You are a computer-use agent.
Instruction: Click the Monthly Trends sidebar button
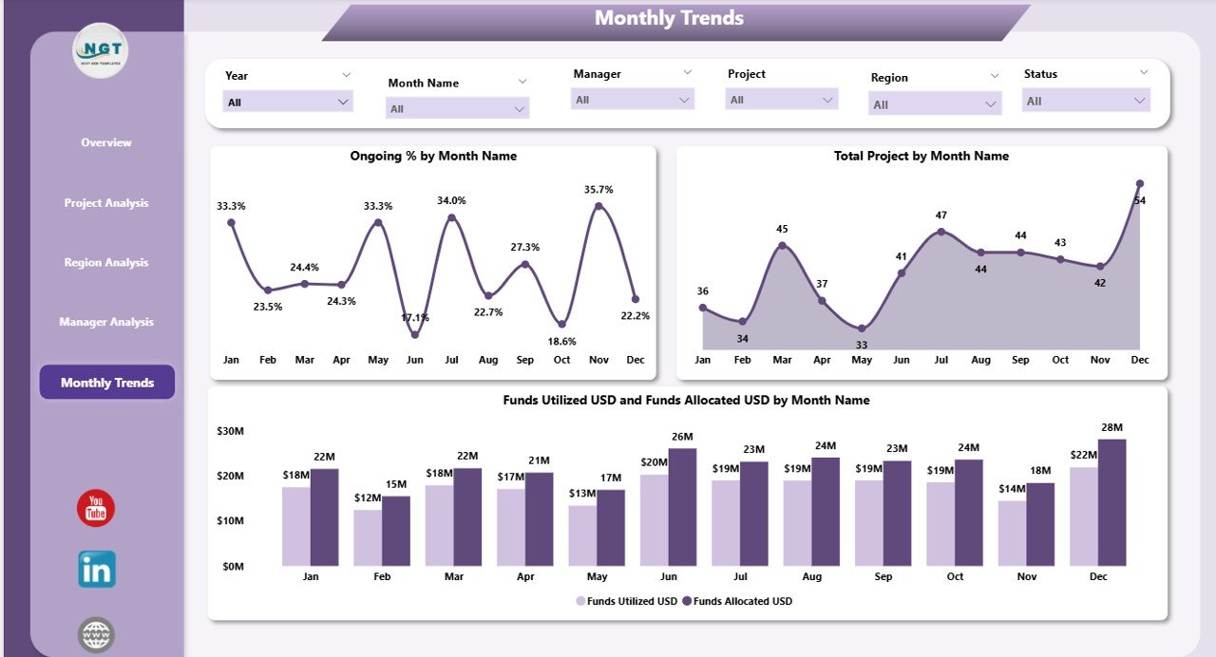click(x=106, y=383)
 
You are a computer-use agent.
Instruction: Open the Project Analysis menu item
click(x=106, y=203)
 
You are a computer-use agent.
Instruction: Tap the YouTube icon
click(x=96, y=509)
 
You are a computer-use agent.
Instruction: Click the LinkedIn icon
click(x=96, y=570)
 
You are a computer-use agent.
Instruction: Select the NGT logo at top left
click(x=100, y=50)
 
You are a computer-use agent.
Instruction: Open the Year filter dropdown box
click(x=288, y=102)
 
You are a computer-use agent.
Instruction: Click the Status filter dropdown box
click(x=1086, y=101)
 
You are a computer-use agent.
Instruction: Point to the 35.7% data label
click(x=598, y=190)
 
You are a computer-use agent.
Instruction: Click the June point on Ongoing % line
click(x=415, y=334)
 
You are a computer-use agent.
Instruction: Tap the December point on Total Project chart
click(x=1140, y=184)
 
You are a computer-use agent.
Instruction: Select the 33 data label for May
click(x=862, y=345)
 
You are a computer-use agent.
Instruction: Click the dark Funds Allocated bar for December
click(x=1111, y=502)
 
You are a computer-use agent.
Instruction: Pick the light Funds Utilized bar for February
click(x=368, y=537)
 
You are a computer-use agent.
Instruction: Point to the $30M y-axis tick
click(x=230, y=431)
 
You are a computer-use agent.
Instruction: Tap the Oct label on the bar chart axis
click(x=955, y=576)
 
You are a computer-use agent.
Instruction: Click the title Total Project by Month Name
click(x=921, y=156)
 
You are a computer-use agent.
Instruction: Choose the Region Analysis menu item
click(x=106, y=263)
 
